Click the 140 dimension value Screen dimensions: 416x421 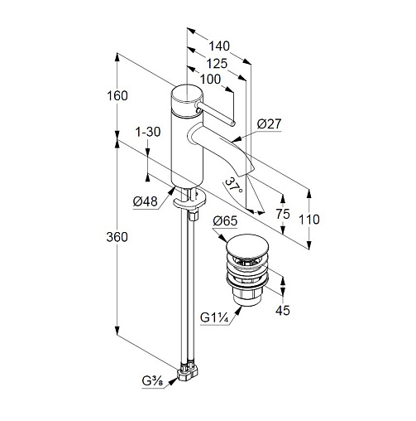coord(219,46)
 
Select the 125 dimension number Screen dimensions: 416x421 coord(217,64)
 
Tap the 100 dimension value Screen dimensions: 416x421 coord(210,80)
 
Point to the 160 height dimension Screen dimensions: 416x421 coord(117,96)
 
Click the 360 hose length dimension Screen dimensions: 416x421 coord(117,237)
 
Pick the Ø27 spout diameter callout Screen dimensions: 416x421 coord(269,123)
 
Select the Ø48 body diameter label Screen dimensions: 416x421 coord(145,201)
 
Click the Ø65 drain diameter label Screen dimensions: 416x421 coord(225,221)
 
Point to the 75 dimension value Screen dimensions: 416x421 coord(283,214)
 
